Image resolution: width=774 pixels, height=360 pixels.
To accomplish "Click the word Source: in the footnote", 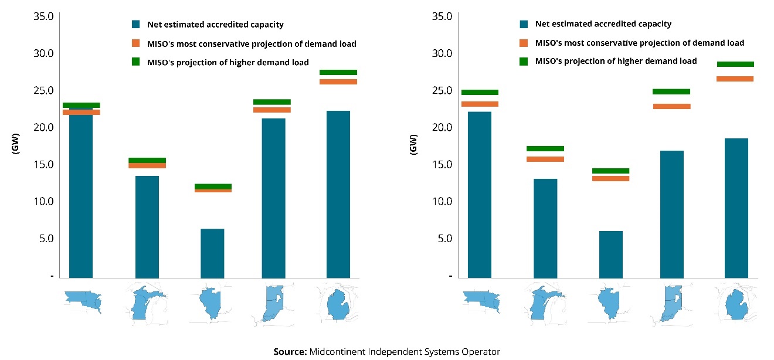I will [x=289, y=352].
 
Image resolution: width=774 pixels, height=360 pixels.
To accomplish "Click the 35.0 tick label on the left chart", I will [x=42, y=16].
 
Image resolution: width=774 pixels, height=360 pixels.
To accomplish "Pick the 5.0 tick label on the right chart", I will [x=445, y=239].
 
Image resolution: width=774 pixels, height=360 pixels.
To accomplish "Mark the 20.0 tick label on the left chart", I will [x=42, y=127].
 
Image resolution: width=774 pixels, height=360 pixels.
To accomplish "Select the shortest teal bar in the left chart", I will [x=212, y=253].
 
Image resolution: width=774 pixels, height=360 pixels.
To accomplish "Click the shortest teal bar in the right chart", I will [x=611, y=254].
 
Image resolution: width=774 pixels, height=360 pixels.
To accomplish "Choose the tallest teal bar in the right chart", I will [x=479, y=194].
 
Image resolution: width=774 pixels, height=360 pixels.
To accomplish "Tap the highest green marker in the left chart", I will [x=338, y=72].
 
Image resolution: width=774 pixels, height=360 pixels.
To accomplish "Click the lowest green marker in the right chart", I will [x=611, y=171].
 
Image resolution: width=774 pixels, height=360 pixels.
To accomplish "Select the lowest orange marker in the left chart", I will [x=212, y=191].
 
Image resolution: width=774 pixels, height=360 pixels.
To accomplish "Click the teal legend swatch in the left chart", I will [x=135, y=25].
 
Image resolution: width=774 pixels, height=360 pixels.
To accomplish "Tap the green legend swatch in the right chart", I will [x=524, y=61].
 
